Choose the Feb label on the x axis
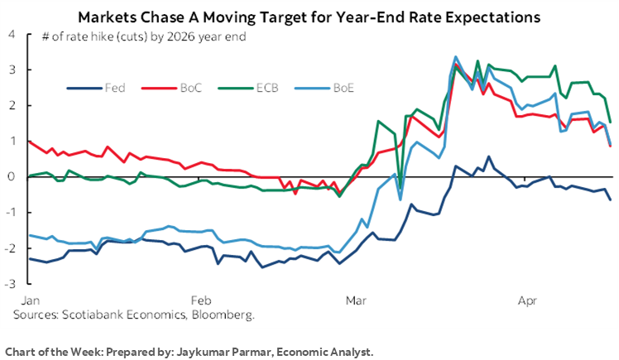pos(200,300)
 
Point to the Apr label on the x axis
pos(525,300)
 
